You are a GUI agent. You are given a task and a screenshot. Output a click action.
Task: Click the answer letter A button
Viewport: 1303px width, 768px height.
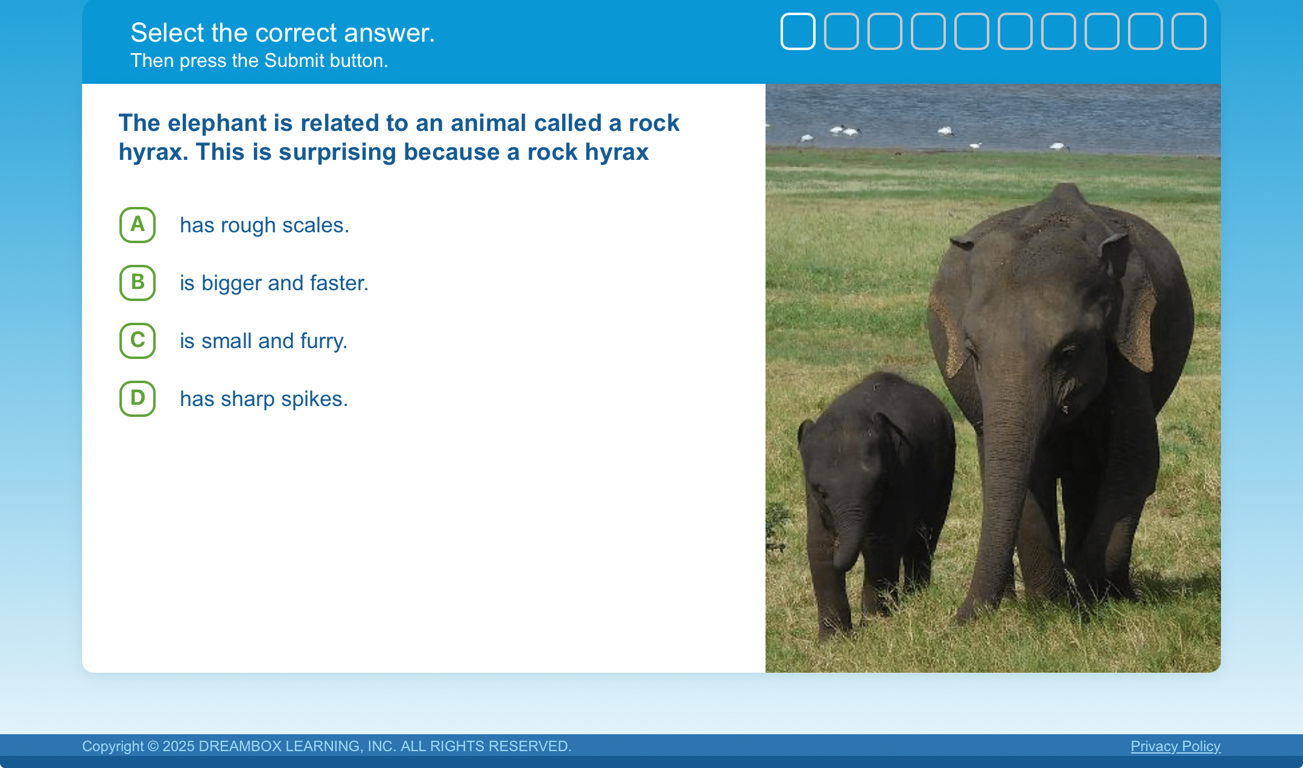138,225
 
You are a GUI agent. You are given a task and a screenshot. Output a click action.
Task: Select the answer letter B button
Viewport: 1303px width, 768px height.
138,283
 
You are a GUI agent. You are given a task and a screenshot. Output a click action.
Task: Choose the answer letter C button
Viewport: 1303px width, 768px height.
138,341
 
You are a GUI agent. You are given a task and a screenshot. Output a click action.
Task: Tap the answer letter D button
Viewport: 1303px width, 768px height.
138,399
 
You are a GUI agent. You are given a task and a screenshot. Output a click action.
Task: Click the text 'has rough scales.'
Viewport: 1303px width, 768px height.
265,225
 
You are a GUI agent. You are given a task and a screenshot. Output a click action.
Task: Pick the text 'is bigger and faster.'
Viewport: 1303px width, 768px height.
274,283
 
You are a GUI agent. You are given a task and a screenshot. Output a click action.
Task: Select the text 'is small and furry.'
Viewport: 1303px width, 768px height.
264,341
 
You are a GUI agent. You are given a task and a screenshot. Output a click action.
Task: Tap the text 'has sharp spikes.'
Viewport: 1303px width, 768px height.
264,399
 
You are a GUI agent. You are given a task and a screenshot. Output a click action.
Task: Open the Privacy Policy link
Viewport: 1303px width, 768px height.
1175,746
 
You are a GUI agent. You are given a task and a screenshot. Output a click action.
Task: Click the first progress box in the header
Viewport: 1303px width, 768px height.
798,31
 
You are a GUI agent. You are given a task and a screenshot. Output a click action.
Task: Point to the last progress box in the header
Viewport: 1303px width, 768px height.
1189,31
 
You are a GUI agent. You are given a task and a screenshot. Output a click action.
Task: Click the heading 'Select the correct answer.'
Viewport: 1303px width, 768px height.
282,33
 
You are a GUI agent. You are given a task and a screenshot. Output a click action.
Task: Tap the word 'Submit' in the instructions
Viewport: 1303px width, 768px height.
294,60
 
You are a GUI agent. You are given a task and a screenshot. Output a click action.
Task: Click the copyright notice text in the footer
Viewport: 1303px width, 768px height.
326,746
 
